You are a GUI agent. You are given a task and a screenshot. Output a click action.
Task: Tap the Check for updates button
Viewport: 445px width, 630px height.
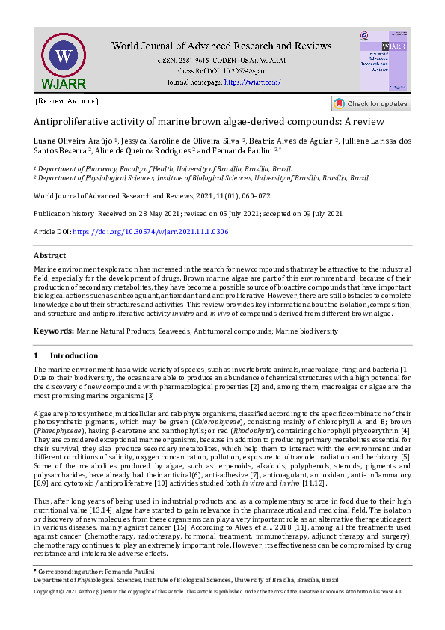point(371,104)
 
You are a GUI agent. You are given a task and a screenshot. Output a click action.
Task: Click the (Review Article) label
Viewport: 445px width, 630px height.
point(67,100)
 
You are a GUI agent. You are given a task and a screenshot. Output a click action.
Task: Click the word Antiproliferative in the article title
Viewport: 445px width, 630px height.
point(69,122)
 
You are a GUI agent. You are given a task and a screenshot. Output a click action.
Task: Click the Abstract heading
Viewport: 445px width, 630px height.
point(50,255)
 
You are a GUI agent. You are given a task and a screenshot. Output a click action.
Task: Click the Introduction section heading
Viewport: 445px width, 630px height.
point(73,355)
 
